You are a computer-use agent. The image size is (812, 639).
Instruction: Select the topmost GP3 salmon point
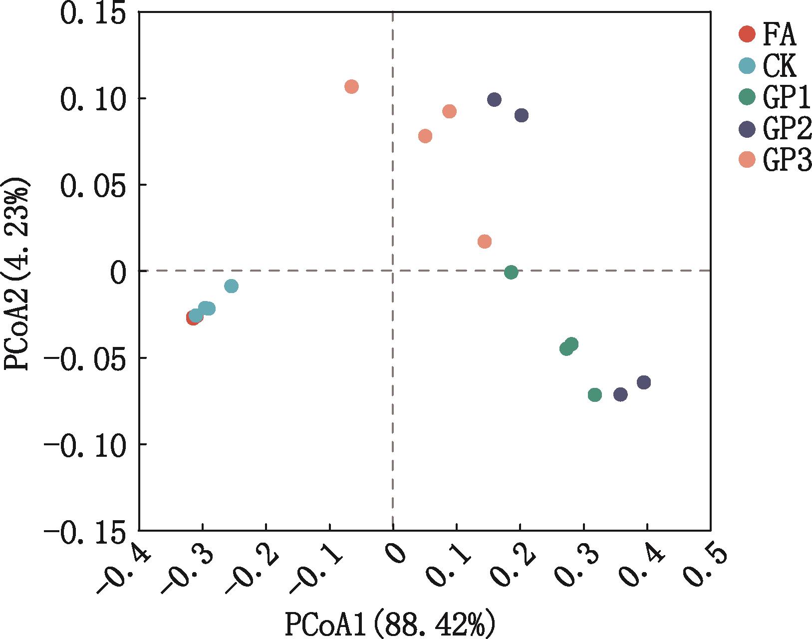coord(351,86)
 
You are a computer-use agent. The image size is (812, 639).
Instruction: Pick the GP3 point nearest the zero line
coord(484,242)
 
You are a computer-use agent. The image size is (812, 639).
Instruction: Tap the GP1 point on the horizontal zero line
coord(511,272)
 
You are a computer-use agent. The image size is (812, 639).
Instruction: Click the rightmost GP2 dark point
coord(644,382)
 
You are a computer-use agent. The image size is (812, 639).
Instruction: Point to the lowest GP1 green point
coord(595,395)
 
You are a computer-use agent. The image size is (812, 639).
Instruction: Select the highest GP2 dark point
coord(494,99)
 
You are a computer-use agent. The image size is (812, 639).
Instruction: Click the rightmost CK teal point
coord(231,286)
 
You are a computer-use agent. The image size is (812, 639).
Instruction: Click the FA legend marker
coord(747,34)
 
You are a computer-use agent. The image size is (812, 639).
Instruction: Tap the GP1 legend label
coord(786,98)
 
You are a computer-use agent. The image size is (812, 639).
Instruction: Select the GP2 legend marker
coord(747,129)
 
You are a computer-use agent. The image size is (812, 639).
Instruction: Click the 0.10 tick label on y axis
coord(93,99)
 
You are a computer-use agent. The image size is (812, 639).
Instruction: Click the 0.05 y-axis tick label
coord(93,186)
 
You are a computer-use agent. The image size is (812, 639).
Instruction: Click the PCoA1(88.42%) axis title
coord(390,623)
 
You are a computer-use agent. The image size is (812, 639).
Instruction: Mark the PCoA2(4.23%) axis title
coord(17,274)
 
